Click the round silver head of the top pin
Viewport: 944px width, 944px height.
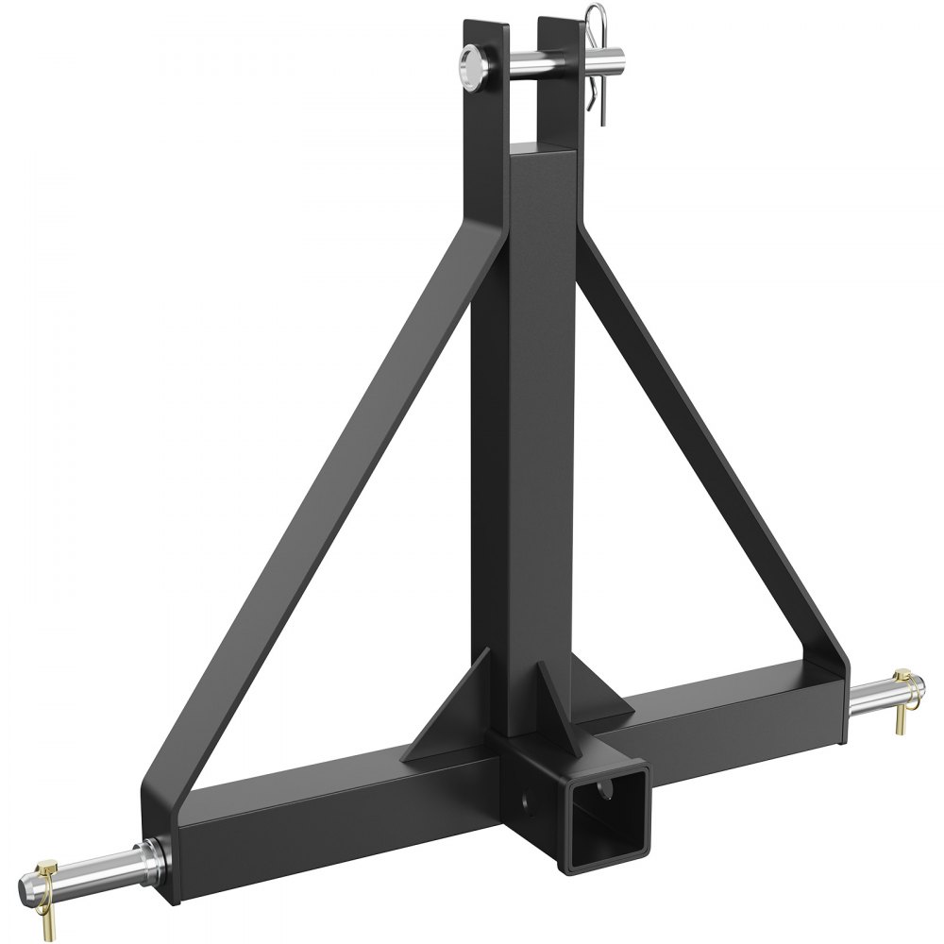click(x=470, y=68)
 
